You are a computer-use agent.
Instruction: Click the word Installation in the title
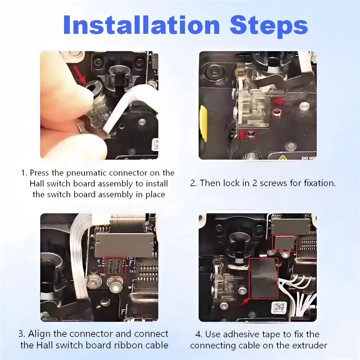(x=141, y=25)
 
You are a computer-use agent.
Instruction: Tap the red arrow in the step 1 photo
(x=80, y=75)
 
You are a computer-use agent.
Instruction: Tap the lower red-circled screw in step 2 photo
(x=252, y=135)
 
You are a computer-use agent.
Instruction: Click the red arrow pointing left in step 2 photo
(x=279, y=101)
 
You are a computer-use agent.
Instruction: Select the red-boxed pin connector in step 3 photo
(x=115, y=268)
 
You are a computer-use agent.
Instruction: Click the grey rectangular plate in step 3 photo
(x=124, y=245)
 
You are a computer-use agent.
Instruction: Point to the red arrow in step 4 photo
(x=243, y=302)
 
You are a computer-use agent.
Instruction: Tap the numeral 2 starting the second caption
(x=193, y=183)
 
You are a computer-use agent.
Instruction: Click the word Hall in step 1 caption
(x=37, y=184)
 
